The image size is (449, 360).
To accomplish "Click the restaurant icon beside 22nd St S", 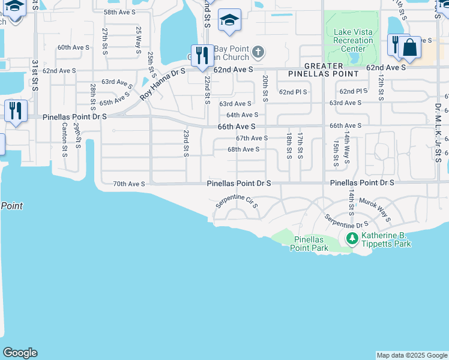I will pyautogui.click(x=202, y=55).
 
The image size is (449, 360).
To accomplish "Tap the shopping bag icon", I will pyautogui.click(x=409, y=47).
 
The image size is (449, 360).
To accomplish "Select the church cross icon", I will pyautogui.click(x=258, y=52).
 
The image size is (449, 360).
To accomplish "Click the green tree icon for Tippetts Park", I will pyautogui.click(x=352, y=239).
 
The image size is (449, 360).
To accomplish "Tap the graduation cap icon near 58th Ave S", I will pyautogui.click(x=229, y=20).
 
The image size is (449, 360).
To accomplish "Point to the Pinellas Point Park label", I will pyautogui.click(x=310, y=243).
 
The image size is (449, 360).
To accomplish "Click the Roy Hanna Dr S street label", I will pyautogui.click(x=163, y=84).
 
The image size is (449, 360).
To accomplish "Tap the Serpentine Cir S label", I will pyautogui.click(x=237, y=201).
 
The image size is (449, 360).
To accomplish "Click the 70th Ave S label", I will pyautogui.click(x=129, y=184).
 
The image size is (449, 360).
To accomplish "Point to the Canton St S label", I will pyautogui.click(x=64, y=139).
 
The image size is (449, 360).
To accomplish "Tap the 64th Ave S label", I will pyautogui.click(x=243, y=115).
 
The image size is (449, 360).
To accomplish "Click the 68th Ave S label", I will pyautogui.click(x=243, y=149).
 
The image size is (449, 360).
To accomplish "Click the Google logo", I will pyautogui.click(x=20, y=353).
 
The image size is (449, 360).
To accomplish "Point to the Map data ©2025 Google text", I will pyautogui.click(x=411, y=355).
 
